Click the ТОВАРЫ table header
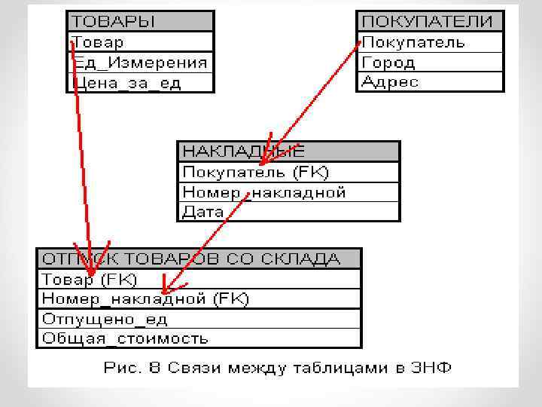140,21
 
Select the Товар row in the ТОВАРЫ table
140,42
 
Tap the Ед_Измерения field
140,63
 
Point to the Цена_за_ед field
140,82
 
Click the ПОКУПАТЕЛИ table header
429,21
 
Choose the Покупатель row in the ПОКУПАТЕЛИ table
429,42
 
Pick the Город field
429,63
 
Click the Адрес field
429,81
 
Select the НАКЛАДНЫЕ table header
288,151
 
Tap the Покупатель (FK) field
288,173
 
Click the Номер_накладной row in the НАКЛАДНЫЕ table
288,192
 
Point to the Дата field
288,212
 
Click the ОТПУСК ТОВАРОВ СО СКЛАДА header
199,259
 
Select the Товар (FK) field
199,280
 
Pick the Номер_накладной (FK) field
199,299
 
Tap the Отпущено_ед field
199,319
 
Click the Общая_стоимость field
199,338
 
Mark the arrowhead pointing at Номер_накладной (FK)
166,289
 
